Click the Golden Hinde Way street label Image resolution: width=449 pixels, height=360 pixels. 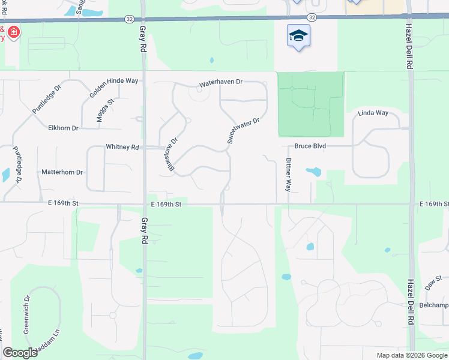coord(114,88)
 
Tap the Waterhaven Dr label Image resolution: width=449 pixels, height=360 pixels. coord(221,82)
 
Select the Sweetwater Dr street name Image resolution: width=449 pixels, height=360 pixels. coord(243,130)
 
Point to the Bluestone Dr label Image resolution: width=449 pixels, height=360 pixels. coord(173,155)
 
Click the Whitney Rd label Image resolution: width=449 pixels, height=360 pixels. coord(122,146)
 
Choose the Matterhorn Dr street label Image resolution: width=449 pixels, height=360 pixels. coord(62,172)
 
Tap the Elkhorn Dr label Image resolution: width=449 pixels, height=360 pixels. coord(63,128)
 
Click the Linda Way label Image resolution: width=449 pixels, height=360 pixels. coord(373,113)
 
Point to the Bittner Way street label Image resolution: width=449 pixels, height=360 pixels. coord(289,174)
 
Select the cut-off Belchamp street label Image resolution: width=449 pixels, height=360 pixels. coord(434,305)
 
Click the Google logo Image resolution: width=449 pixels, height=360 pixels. coord(20,353)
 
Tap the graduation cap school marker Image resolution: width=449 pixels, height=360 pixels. coord(298,36)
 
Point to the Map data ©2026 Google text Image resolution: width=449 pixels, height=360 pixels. coord(412,355)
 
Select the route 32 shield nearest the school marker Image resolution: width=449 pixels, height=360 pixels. coord(312,19)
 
